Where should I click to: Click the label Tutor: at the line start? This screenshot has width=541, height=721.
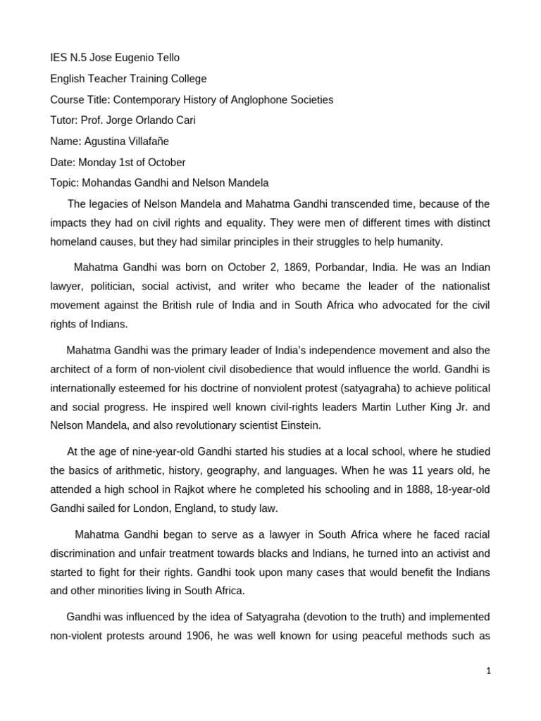[65, 120]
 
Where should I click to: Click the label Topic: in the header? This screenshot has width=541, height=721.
[65, 183]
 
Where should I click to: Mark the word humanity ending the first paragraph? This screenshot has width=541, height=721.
[421, 242]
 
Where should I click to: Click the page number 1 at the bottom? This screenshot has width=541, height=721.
[488, 671]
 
